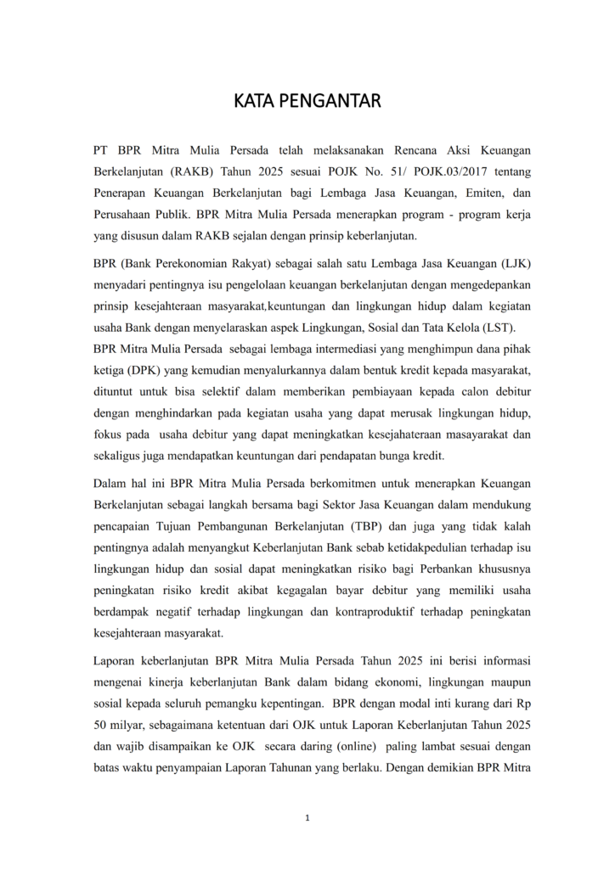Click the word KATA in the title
[256, 102]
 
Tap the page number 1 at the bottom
[307, 818]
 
